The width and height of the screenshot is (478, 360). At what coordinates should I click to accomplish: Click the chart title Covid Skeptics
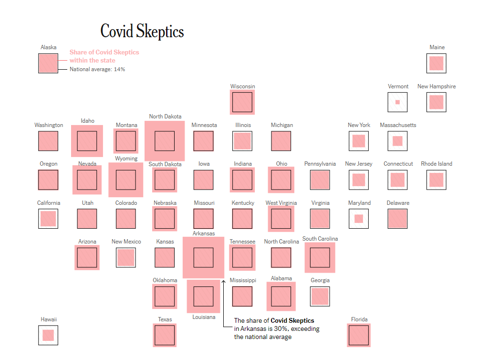point(142,32)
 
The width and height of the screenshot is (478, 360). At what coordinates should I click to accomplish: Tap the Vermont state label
point(398,86)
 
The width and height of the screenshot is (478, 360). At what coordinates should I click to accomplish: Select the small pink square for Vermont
point(397,102)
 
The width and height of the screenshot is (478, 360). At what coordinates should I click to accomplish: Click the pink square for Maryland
point(359,219)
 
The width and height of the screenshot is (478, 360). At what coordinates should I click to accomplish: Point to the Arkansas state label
point(204,233)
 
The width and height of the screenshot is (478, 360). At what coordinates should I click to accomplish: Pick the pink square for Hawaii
point(48,335)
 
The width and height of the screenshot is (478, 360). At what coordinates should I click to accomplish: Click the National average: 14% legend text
point(97,69)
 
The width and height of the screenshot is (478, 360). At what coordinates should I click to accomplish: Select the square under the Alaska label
point(48,63)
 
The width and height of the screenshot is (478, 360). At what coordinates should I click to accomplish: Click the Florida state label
point(359,319)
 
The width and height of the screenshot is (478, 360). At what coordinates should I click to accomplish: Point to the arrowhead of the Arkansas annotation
point(223,282)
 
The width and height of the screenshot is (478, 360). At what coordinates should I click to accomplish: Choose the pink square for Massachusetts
point(397,141)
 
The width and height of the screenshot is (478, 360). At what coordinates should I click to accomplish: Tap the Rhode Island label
point(436,164)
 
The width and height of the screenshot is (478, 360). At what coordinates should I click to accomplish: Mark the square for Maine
point(436,63)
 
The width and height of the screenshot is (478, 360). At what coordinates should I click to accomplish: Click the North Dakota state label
point(165,116)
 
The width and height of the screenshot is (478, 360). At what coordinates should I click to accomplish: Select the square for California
point(48,219)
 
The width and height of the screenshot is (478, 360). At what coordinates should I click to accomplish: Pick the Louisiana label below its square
point(204,317)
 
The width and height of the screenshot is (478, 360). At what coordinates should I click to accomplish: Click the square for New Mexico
point(126,257)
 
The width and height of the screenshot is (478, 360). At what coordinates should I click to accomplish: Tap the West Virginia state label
point(281,203)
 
